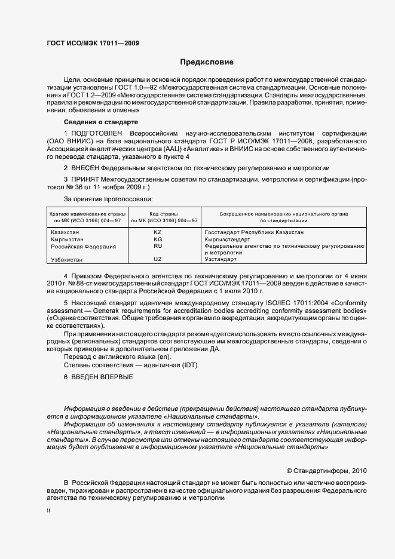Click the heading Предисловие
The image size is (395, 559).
(206, 62)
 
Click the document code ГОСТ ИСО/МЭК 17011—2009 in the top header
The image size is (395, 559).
(93, 43)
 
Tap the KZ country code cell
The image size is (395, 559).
(158, 232)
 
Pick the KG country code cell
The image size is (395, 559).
(158, 239)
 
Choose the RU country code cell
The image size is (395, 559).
(158, 245)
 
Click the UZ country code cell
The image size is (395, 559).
(158, 259)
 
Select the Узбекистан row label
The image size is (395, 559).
(67, 260)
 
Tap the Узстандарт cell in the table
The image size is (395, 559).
(221, 259)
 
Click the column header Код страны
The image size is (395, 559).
(158, 213)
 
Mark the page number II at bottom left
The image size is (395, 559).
(49, 511)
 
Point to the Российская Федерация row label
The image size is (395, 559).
(83, 246)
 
